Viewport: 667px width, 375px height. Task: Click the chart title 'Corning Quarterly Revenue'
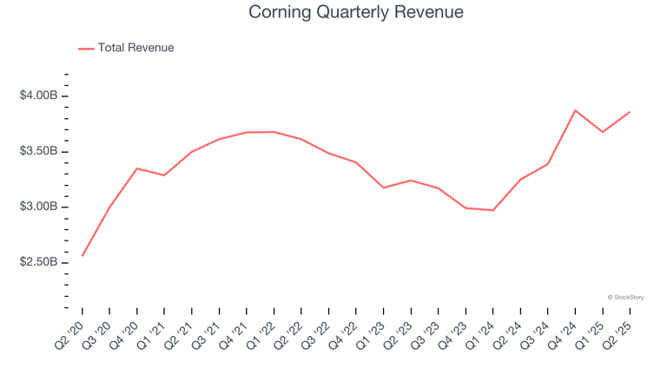[355, 12]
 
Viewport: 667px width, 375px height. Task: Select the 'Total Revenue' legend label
[135, 48]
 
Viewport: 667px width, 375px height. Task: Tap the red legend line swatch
[86, 49]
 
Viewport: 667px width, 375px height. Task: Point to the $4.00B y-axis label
[38, 95]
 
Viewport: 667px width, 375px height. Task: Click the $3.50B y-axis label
[38, 151]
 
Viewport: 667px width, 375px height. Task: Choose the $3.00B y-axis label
[38, 207]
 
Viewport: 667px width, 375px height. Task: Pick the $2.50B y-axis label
[38, 262]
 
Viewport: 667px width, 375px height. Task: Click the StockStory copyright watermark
[625, 297]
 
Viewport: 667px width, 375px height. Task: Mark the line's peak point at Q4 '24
[575, 110]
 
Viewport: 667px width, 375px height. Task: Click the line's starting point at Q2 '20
[83, 255]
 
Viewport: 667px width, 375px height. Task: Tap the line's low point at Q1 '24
[493, 210]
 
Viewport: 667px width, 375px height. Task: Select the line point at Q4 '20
[137, 168]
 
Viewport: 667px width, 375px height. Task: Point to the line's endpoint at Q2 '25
[630, 112]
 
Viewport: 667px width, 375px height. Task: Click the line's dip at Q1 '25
[603, 132]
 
